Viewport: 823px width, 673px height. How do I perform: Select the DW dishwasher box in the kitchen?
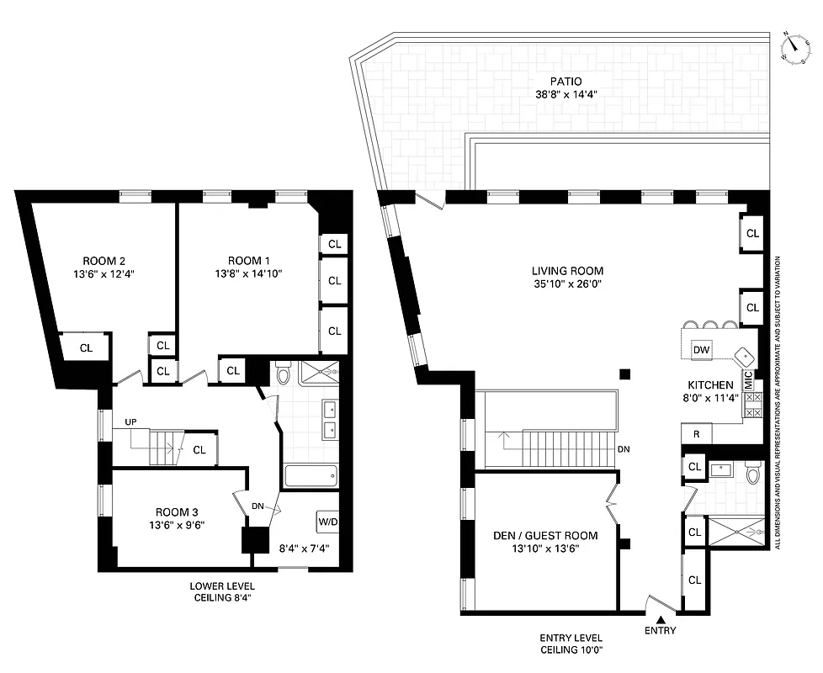pyautogui.click(x=700, y=349)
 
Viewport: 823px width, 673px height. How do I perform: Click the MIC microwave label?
pyautogui.click(x=747, y=379)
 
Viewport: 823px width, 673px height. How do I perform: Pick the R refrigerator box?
pyautogui.click(x=697, y=434)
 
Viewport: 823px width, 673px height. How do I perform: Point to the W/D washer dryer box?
pyautogui.click(x=327, y=522)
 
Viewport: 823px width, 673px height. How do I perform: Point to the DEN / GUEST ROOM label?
pyautogui.click(x=545, y=535)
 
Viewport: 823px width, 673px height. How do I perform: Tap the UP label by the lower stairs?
pyautogui.click(x=130, y=421)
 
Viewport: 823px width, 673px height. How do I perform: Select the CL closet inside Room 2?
pyautogui.click(x=87, y=347)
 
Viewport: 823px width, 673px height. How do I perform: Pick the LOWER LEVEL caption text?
pyautogui.click(x=222, y=586)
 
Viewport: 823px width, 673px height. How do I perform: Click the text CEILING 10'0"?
pyautogui.click(x=571, y=650)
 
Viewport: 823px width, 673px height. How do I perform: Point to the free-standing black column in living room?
pyautogui.click(x=624, y=374)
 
